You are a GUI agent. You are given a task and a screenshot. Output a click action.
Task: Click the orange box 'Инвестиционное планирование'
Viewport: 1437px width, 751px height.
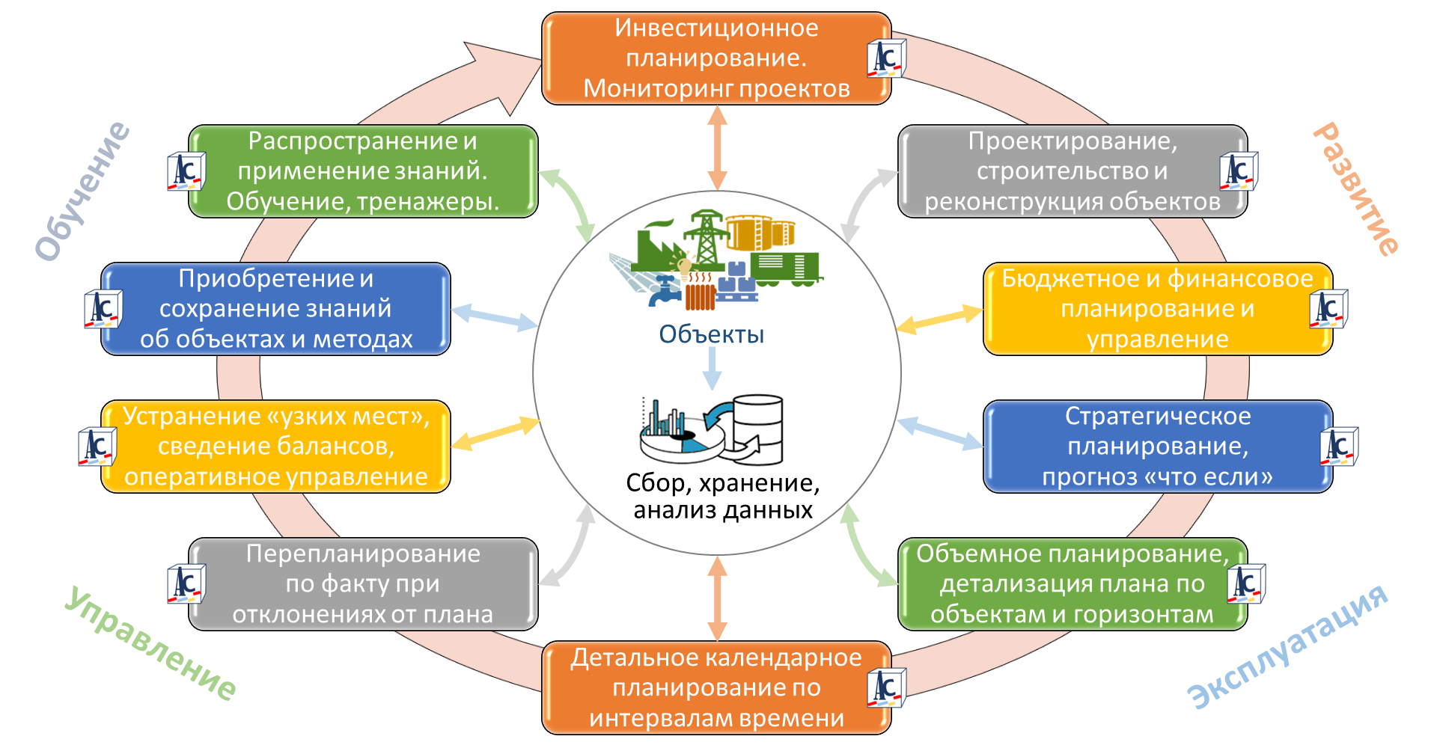pos(716,58)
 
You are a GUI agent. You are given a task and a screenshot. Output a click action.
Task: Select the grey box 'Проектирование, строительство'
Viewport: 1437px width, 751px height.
pos(1072,171)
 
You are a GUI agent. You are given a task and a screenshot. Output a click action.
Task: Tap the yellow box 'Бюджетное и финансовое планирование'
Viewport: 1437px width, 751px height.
pos(1157,309)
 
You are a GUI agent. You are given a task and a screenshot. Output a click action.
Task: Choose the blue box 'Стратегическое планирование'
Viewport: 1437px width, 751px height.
pos(1157,447)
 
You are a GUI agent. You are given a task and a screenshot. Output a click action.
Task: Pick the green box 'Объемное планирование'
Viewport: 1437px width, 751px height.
pos(1072,584)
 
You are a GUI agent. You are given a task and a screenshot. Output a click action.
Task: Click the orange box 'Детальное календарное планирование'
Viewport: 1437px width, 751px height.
pos(716,687)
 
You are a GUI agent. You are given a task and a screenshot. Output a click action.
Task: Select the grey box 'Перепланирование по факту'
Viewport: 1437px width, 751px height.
pos(363,584)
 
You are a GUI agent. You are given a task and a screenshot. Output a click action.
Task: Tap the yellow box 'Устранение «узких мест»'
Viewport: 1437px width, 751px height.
pos(275,447)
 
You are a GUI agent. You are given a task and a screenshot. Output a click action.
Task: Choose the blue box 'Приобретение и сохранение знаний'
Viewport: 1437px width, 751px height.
pos(275,309)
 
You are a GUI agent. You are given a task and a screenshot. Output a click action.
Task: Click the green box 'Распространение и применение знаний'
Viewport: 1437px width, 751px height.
pos(363,171)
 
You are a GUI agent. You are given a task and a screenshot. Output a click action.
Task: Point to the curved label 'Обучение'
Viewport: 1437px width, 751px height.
pos(82,191)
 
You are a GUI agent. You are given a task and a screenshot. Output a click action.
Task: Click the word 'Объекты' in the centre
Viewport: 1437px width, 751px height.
pos(711,334)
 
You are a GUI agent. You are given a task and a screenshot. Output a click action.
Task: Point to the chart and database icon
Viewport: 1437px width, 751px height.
pos(711,429)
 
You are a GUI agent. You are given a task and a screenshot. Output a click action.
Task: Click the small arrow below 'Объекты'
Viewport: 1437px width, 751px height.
pos(712,368)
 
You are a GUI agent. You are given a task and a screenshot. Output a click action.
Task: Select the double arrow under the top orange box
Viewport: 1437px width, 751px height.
pos(717,147)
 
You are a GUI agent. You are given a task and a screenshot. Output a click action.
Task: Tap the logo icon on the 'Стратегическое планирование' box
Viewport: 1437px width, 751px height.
pos(1338,447)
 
